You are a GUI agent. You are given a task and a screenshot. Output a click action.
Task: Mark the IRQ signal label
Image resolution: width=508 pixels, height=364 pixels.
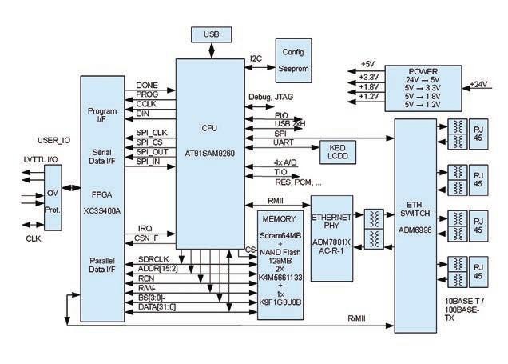(x=144, y=227)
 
